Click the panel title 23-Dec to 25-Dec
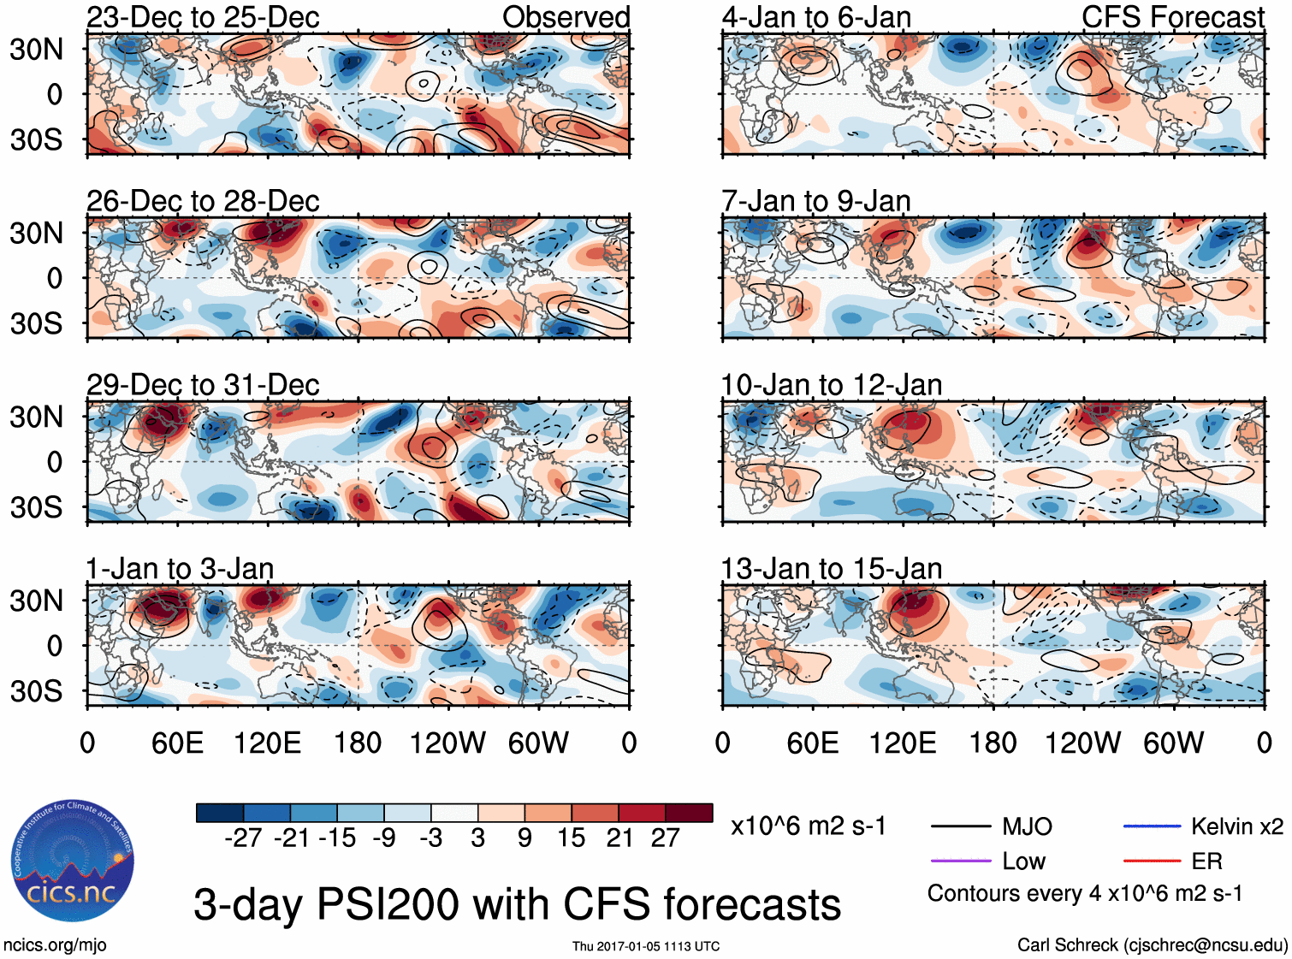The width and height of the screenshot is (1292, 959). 203,17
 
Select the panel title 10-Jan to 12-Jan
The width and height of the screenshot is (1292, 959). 831,385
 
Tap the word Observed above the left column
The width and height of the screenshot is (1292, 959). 566,17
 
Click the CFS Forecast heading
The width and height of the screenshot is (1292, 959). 1172,17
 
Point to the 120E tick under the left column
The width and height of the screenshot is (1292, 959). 268,743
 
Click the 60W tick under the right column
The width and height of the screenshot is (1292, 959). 1173,743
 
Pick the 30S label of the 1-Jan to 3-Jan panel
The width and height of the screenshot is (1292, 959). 36,690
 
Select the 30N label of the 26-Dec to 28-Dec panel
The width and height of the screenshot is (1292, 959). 36,233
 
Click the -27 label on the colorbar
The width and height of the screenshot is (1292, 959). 243,838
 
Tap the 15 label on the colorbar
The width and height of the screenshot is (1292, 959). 571,838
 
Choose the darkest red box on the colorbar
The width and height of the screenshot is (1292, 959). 689,813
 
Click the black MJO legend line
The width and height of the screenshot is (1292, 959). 961,826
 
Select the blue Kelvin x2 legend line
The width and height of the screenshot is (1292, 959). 1152,826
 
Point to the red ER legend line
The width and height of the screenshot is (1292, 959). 1152,861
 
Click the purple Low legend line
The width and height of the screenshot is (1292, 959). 961,861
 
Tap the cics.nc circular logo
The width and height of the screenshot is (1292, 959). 72,861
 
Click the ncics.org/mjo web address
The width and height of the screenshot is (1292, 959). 55,945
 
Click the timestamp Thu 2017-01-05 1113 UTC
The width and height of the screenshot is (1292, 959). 646,946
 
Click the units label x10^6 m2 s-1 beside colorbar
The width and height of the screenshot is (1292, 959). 808,826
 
